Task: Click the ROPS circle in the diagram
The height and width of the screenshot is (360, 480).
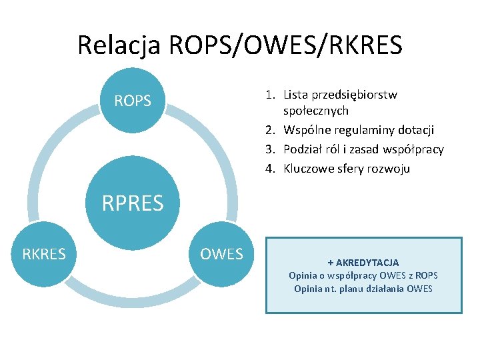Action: click(x=133, y=101)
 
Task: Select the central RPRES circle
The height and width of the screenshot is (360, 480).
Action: click(x=133, y=202)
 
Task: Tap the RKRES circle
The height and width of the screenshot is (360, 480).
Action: click(x=44, y=254)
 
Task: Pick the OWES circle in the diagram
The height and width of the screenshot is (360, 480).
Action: click(x=222, y=254)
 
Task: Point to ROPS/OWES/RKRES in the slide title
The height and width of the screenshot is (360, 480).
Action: click(x=286, y=45)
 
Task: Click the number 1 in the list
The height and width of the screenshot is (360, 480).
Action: click(x=270, y=95)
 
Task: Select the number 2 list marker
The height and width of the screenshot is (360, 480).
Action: click(x=270, y=129)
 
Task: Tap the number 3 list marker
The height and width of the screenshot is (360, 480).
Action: click(x=270, y=149)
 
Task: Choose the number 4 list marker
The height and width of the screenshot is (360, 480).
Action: click(x=270, y=168)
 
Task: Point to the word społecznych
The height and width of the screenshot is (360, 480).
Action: click(x=316, y=111)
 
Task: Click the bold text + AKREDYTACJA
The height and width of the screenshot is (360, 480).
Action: click(x=363, y=263)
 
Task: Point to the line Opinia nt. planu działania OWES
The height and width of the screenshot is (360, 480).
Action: click(x=363, y=289)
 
